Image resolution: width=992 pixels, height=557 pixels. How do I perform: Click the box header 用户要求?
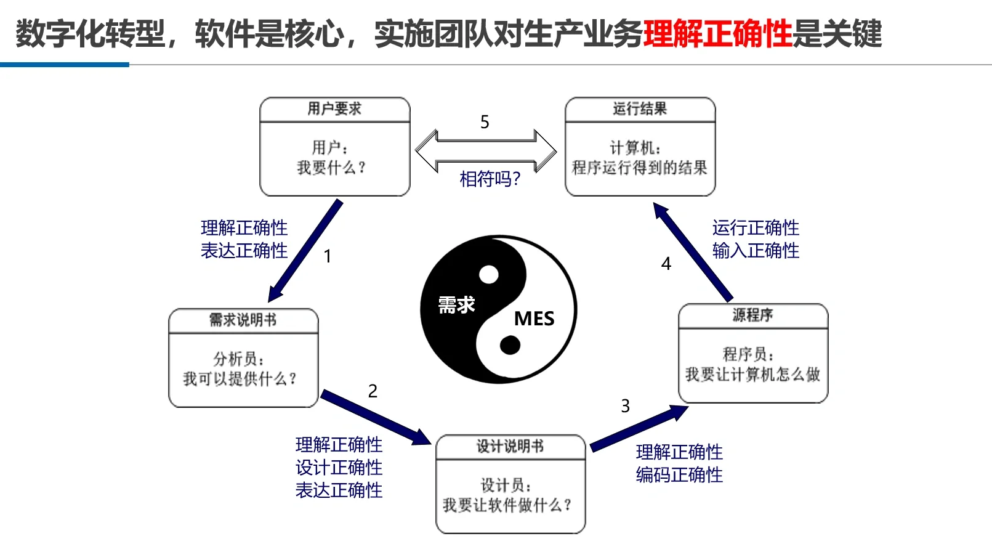coord(334,109)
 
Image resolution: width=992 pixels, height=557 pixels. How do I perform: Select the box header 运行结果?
coord(640,109)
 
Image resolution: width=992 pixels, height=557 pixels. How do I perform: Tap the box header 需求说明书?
coord(243,320)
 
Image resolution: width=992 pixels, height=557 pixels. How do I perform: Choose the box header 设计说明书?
coord(510,447)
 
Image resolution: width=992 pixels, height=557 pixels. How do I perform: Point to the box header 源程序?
coord(752,315)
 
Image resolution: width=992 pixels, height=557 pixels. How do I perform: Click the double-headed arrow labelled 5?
coord(486,150)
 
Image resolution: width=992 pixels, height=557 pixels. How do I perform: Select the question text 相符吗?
coord(490,179)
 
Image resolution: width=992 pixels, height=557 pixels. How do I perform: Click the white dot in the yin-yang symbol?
coord(489,274)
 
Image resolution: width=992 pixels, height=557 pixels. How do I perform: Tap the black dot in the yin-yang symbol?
coord(510,345)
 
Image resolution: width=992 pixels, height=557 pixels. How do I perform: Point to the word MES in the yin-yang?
coord(534,319)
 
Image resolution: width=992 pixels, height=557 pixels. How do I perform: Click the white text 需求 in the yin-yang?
coord(456,305)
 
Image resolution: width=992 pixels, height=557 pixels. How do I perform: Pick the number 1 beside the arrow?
coord(328,256)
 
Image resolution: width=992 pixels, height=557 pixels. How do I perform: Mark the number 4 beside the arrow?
coord(666,264)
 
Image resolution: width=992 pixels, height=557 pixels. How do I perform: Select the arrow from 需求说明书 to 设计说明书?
coord(376,417)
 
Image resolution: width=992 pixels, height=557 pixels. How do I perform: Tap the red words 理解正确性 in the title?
coord(717,34)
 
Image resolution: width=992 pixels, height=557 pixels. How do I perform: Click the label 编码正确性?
coord(679,475)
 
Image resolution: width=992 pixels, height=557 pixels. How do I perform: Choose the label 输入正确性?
coord(756,251)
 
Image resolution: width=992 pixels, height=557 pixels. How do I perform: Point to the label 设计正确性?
coord(339,468)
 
